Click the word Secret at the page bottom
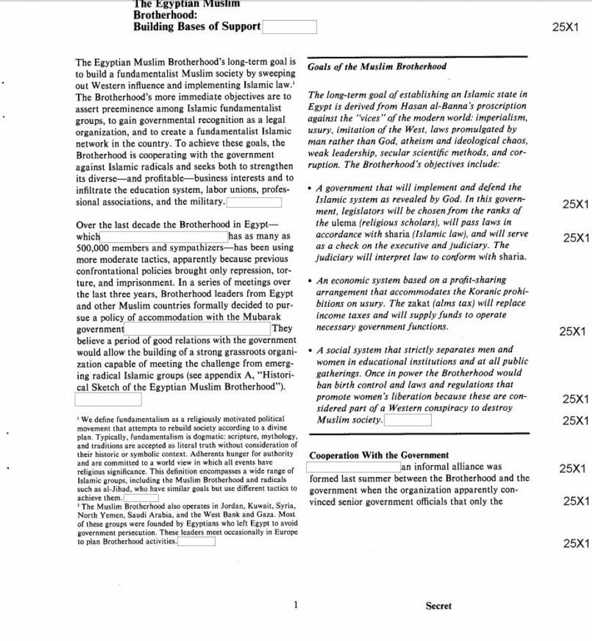click(x=438, y=606)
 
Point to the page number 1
click(x=295, y=604)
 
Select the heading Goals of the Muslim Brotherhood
click(x=377, y=67)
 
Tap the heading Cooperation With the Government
click(x=379, y=455)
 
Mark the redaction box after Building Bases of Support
click(x=289, y=27)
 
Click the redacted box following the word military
click(x=254, y=203)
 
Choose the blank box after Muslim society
click(x=407, y=420)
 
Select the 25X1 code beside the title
click(x=564, y=28)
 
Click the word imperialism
click(x=502, y=118)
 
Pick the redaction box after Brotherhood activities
click(x=196, y=542)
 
